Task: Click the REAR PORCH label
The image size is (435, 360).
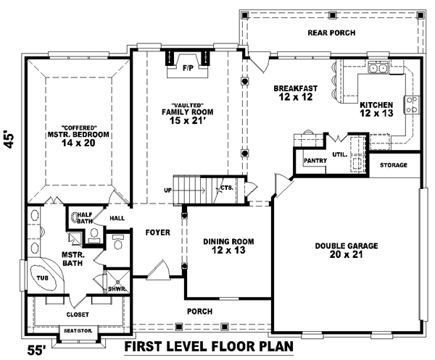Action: [x=331, y=33]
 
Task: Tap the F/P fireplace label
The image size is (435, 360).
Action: [x=188, y=68]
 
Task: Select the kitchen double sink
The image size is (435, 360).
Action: [x=378, y=67]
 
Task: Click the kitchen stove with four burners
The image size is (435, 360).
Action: [x=412, y=105]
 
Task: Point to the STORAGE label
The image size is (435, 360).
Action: [x=394, y=165]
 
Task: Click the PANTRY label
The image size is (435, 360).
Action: [x=315, y=161]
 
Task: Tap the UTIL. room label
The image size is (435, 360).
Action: [x=339, y=154]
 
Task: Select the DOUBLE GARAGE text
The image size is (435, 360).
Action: [x=347, y=246]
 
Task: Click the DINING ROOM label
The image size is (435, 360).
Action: [x=228, y=242]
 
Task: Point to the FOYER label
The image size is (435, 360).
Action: [x=157, y=233]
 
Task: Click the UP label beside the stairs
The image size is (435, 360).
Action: [x=167, y=191]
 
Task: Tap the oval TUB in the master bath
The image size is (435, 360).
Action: [x=43, y=277]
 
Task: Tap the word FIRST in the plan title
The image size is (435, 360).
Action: [x=146, y=346]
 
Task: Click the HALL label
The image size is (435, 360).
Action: [x=117, y=218]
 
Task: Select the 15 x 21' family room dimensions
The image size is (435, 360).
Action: [x=187, y=120]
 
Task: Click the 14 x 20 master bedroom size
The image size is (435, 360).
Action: [x=78, y=143]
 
